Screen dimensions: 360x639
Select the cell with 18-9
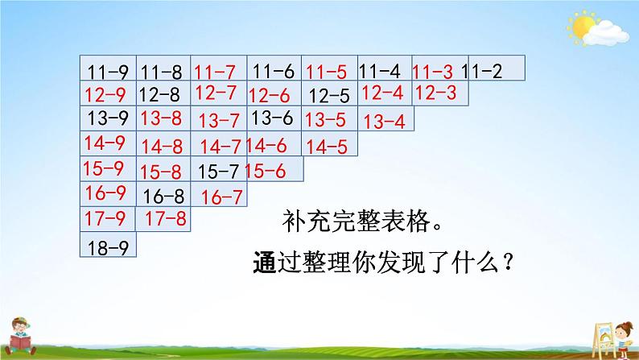[x=109, y=245]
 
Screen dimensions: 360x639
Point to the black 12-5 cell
[x=329, y=96]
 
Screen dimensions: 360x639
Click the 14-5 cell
[x=328, y=146]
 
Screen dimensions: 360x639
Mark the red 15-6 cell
[x=274, y=170]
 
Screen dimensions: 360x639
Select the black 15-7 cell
[x=219, y=171]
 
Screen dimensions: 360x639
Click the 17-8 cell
[x=165, y=217]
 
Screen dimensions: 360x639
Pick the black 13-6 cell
[x=273, y=119]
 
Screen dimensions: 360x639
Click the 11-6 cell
[x=274, y=71]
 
